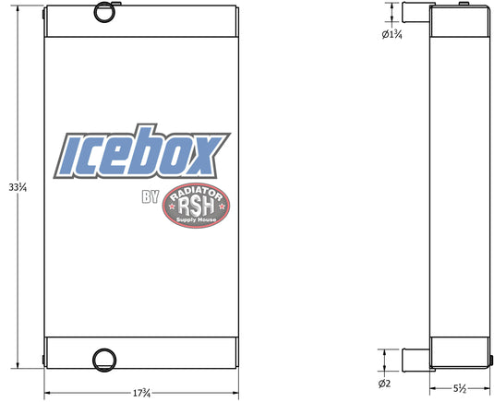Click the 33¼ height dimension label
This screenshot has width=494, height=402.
click(18, 188)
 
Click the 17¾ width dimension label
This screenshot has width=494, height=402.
click(141, 393)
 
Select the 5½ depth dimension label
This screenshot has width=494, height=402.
click(460, 389)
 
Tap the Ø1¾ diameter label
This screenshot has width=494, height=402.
click(392, 34)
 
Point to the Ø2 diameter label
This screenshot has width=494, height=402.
click(384, 384)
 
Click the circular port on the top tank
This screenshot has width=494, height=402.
click(105, 12)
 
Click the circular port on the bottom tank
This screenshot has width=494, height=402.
click(104, 360)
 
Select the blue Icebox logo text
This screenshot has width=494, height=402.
click(142, 151)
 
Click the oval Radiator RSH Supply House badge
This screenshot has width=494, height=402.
click(196, 206)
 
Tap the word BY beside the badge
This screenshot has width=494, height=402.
click(151, 196)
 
